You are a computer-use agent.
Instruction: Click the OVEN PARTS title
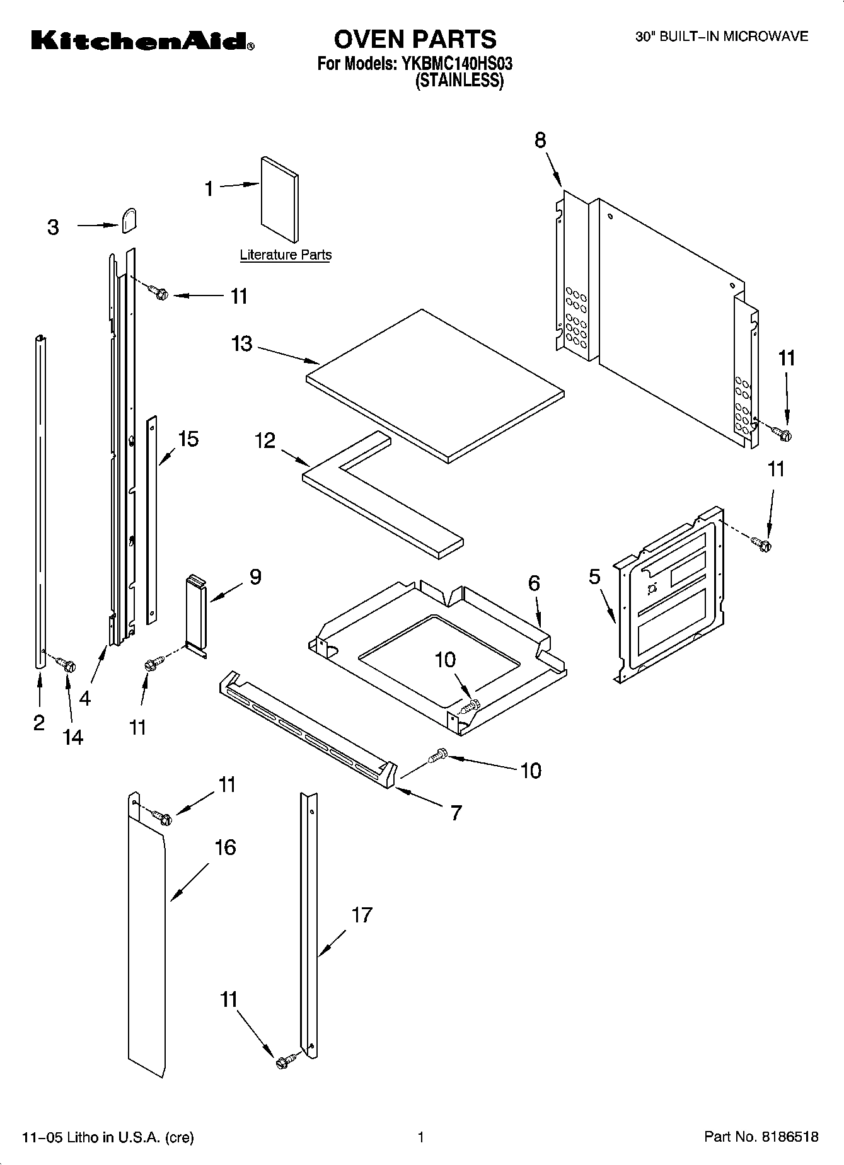(415, 39)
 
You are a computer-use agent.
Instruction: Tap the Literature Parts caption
(286, 255)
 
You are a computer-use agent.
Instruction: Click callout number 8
(540, 140)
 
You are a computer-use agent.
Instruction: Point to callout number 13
(242, 344)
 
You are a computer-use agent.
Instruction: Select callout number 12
(265, 440)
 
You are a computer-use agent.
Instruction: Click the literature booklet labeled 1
(279, 199)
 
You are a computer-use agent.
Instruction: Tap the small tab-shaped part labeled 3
(129, 221)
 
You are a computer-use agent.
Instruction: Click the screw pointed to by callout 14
(66, 663)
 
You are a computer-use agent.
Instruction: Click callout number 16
(225, 847)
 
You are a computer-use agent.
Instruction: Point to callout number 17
(362, 915)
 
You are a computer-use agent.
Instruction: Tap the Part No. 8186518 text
(761, 1137)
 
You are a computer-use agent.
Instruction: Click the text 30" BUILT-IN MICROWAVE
(721, 37)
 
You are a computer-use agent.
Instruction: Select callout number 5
(594, 577)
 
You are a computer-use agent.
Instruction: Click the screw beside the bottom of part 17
(286, 1061)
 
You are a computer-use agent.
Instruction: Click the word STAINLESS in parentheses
(459, 81)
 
